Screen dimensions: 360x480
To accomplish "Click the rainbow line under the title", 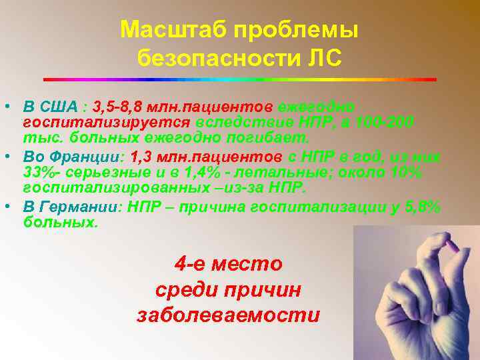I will click(x=239, y=79).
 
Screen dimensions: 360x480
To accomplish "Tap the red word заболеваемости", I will click(x=228, y=315).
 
